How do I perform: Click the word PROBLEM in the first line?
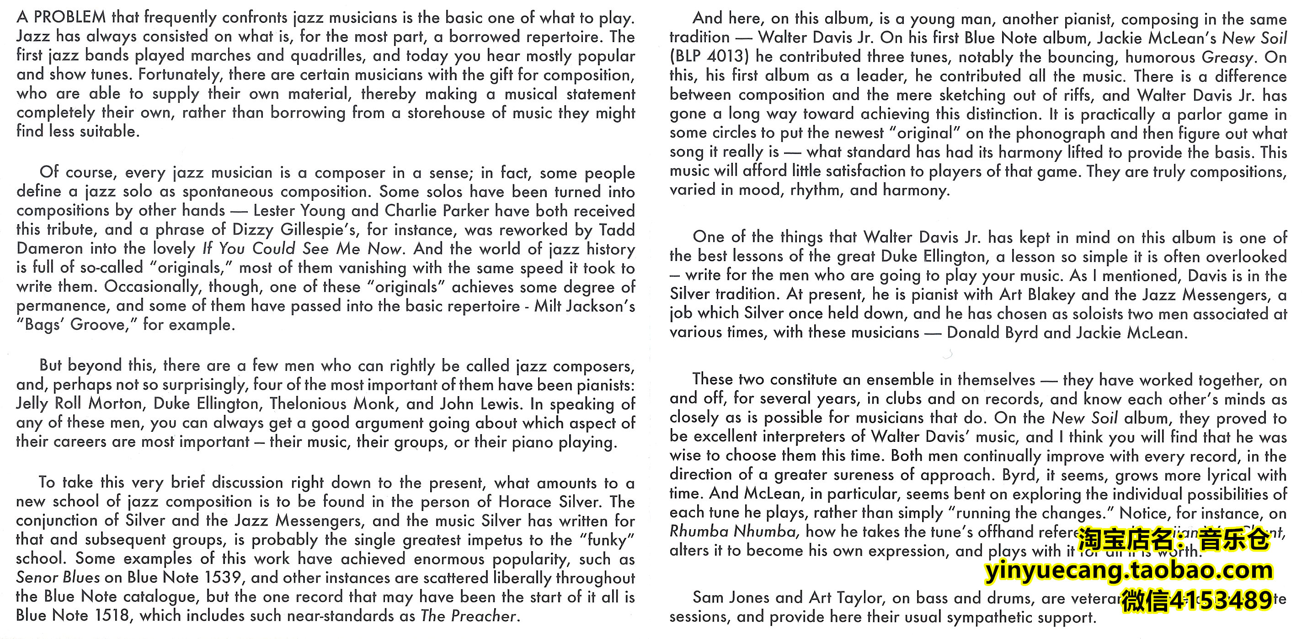(70, 18)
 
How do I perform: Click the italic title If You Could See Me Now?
(302, 249)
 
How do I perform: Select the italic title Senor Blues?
(58, 577)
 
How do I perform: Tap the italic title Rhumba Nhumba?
(733, 532)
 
